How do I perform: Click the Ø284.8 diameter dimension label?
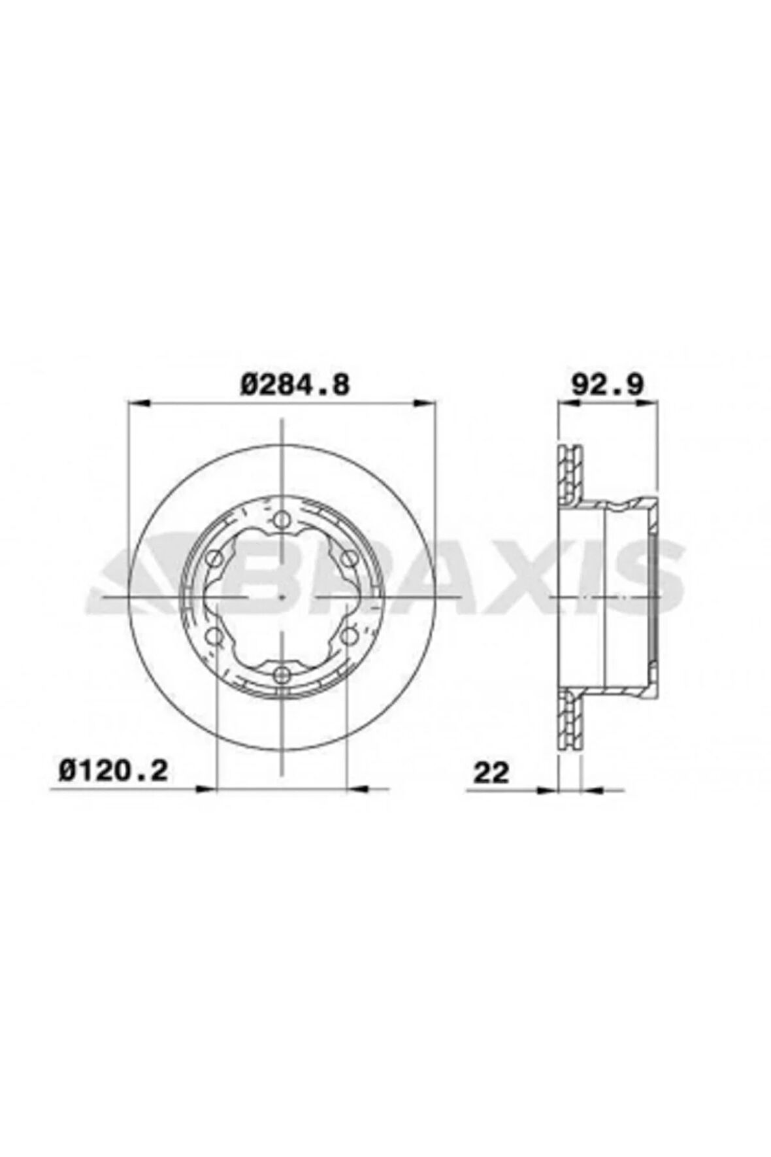point(295,384)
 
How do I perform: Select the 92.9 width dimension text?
point(608,384)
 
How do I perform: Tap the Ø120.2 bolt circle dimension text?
point(113,771)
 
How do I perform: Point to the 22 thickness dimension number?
point(490,773)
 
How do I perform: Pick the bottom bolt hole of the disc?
point(282,674)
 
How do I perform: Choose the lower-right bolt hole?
point(349,635)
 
